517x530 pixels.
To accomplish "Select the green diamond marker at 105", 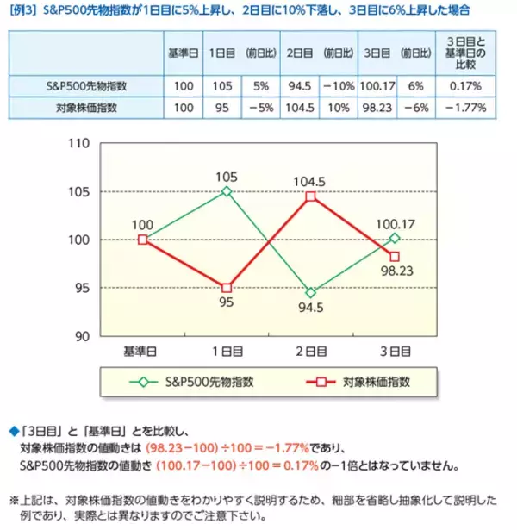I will pyautogui.click(x=227, y=191).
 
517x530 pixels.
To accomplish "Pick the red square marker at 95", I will pyautogui.click(x=227, y=288).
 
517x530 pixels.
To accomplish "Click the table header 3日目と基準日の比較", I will pyautogui.click(x=465, y=53).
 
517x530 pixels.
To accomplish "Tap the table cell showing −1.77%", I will pyautogui.click(x=465, y=109).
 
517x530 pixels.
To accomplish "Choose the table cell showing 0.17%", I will pyautogui.click(x=465, y=87).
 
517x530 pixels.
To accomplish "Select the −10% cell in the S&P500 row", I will pyautogui.click(x=339, y=87).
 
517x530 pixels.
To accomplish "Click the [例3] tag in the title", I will pyautogui.click(x=24, y=11).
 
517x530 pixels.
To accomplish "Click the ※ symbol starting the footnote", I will pyautogui.click(x=14, y=498).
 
